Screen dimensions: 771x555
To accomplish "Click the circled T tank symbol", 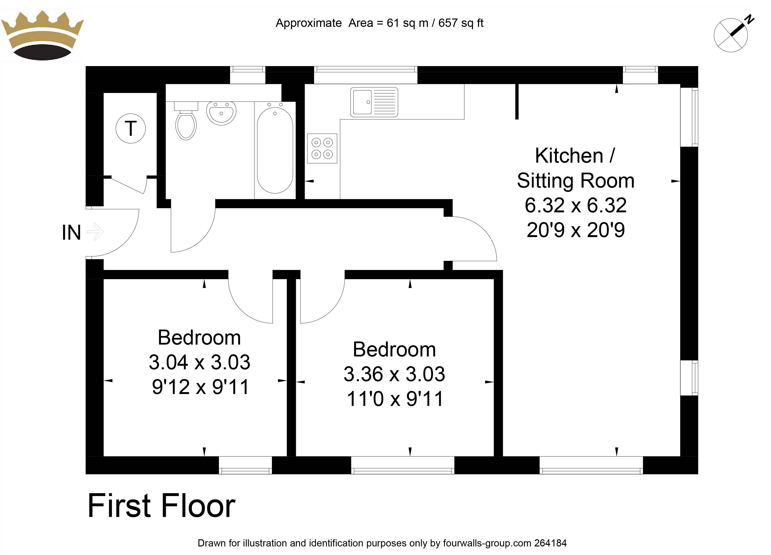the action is coord(131,128).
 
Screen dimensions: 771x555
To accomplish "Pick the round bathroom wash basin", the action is coord(221,113).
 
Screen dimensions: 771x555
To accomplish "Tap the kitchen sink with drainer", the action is coord(374,102).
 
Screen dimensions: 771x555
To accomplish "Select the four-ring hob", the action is coord(322,149).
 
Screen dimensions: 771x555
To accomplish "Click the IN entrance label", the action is coord(71,233).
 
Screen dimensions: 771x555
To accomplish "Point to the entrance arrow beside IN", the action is coord(95,232).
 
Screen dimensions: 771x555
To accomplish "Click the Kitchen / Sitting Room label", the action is coord(575,168).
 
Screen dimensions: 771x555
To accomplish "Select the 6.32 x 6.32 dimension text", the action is coord(575,205).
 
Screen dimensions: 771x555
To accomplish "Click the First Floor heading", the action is coord(162,506).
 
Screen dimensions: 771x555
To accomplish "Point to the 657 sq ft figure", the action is coord(461,23).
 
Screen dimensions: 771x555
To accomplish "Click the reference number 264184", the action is coord(550,543).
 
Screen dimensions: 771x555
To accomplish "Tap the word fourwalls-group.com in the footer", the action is coord(487,543).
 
